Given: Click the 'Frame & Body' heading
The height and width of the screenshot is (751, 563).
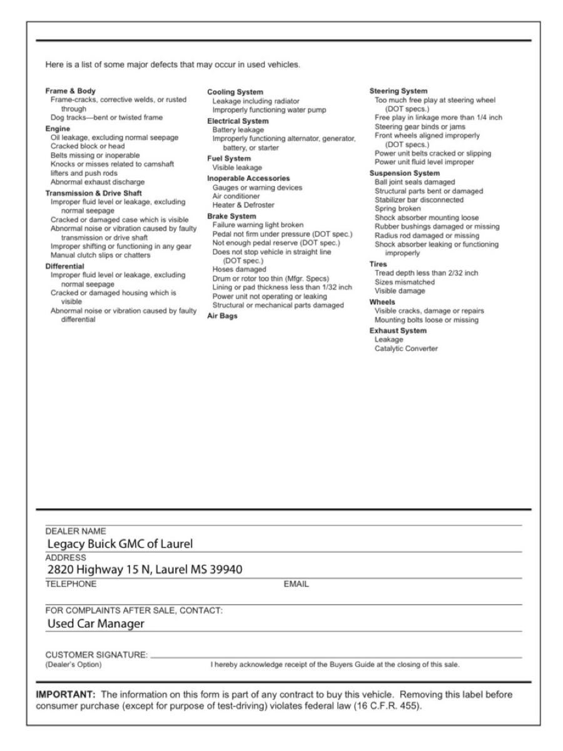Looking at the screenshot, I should tap(70, 91).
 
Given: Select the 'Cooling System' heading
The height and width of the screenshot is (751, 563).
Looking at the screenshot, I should tap(235, 93).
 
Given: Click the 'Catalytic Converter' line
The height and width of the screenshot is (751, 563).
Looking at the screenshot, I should tap(407, 349).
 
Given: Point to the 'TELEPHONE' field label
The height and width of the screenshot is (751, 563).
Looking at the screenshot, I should tap(71, 584).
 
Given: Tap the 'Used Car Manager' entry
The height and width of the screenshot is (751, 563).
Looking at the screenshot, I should tap(96, 623).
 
